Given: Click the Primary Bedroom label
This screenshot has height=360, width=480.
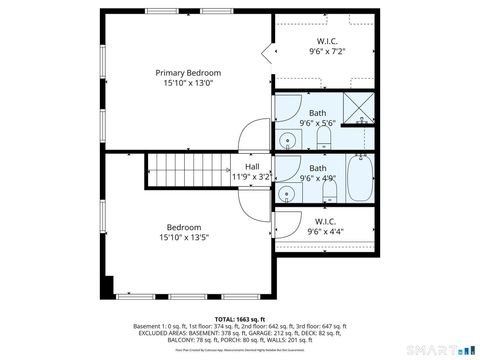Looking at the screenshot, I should pos(188,73).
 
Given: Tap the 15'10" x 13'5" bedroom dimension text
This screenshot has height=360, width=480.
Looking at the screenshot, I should pos(184,238).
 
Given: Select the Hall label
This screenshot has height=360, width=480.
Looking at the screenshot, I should pos(252,167).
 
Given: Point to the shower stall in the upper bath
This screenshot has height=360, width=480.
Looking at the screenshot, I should pos(357,106).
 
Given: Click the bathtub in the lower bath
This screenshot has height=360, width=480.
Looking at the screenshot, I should pos(361,173).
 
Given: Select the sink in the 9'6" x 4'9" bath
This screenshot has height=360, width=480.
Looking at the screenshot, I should pos(287,189).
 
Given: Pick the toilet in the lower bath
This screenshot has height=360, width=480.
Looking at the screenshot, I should pos(329,187).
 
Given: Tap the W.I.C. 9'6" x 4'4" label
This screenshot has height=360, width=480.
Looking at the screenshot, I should pos(325,226).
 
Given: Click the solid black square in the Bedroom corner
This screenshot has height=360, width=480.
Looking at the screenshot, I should pos(110,284).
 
